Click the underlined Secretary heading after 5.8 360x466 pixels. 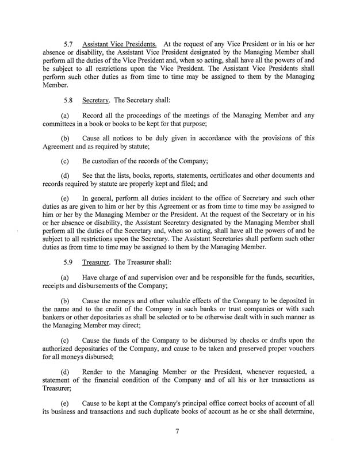tap(96, 99)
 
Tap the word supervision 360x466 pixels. tap(152, 279)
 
